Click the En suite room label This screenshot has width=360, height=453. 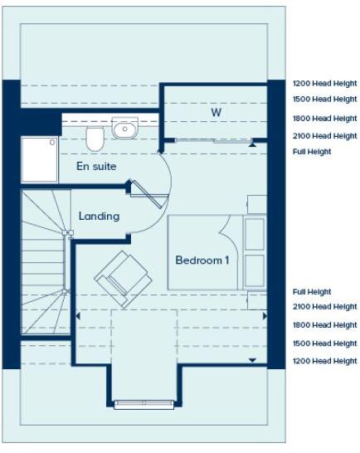(96, 167)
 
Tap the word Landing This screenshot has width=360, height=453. (99, 216)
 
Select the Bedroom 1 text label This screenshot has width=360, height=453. (202, 261)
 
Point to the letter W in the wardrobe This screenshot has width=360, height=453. (216, 111)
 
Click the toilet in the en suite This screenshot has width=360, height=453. (94, 139)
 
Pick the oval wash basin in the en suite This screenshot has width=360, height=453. (125, 129)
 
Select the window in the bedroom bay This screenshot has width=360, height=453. (145, 404)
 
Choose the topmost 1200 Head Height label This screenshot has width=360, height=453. (324, 84)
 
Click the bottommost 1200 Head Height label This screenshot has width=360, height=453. (324, 361)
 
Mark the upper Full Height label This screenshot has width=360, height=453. (312, 152)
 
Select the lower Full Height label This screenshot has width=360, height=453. (312, 292)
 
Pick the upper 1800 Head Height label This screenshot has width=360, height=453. (324, 119)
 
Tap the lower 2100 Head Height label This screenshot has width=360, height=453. (324, 307)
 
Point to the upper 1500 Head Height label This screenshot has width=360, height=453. (324, 100)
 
